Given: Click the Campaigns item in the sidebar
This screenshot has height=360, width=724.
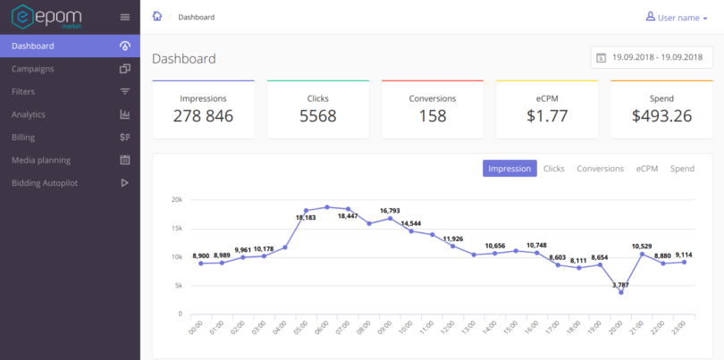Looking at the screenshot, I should (x=33, y=69).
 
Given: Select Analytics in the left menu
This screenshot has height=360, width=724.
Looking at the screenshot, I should (x=29, y=114).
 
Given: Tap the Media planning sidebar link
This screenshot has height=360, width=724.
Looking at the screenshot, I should (x=41, y=160).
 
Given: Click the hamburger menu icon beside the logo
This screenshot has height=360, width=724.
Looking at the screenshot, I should (x=125, y=17).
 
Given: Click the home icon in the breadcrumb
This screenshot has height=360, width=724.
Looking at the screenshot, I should (x=157, y=16).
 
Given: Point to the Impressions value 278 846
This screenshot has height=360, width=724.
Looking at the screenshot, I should (x=203, y=116).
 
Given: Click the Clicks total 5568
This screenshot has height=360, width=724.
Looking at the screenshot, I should (x=317, y=116).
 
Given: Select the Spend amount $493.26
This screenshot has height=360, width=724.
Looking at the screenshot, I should (x=661, y=116).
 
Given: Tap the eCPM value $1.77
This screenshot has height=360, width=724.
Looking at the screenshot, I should (x=547, y=116).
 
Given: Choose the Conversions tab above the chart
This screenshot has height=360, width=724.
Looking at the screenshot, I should (x=600, y=169).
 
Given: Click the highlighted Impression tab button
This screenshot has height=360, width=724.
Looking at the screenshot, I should (x=509, y=169).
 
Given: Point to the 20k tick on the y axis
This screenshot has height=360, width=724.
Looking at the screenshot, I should (x=176, y=200).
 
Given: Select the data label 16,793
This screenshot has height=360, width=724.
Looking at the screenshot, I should (x=390, y=211).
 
